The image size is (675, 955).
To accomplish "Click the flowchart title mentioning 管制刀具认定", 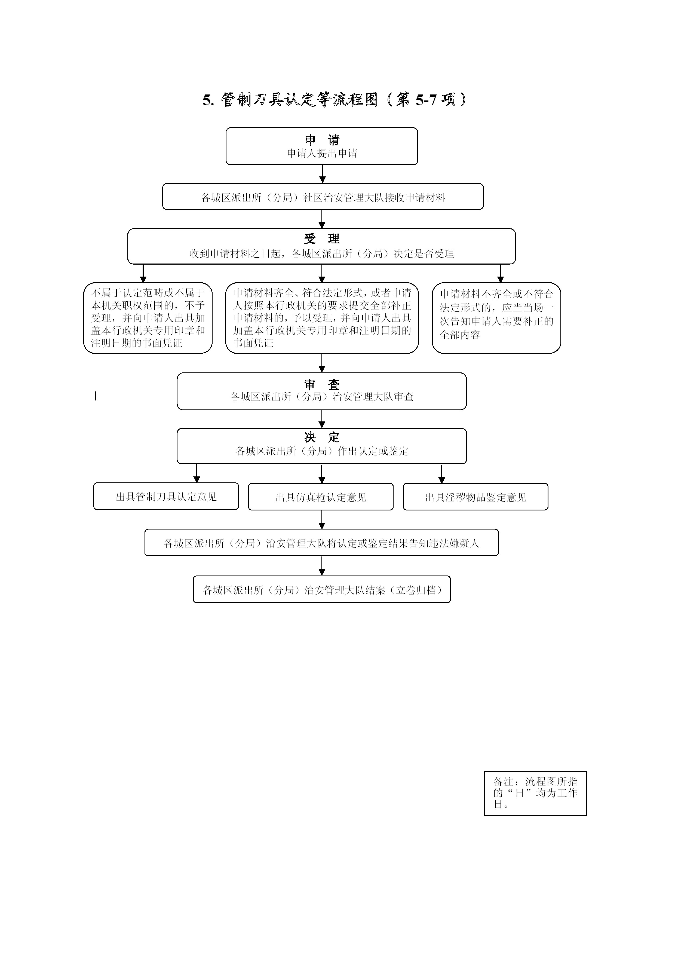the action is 335,100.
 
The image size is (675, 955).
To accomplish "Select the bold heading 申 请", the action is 322,140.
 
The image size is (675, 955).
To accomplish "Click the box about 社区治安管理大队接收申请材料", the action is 323,196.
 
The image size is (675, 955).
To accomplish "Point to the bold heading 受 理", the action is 322,239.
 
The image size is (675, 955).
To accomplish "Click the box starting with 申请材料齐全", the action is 322,318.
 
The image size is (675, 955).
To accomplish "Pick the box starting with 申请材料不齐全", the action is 496,318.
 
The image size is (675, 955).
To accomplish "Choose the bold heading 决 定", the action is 322,437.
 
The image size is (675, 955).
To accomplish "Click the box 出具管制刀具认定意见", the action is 166,496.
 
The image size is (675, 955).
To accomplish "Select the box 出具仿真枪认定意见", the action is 321,497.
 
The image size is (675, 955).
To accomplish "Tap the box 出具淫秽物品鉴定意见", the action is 475,497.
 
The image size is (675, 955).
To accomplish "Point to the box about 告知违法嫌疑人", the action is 321,542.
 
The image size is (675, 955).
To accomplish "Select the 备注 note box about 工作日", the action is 535,793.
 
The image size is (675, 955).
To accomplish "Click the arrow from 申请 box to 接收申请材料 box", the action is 322,174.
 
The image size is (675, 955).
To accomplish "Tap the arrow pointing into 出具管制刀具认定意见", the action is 197,473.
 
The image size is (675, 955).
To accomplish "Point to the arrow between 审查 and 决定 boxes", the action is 322,419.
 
